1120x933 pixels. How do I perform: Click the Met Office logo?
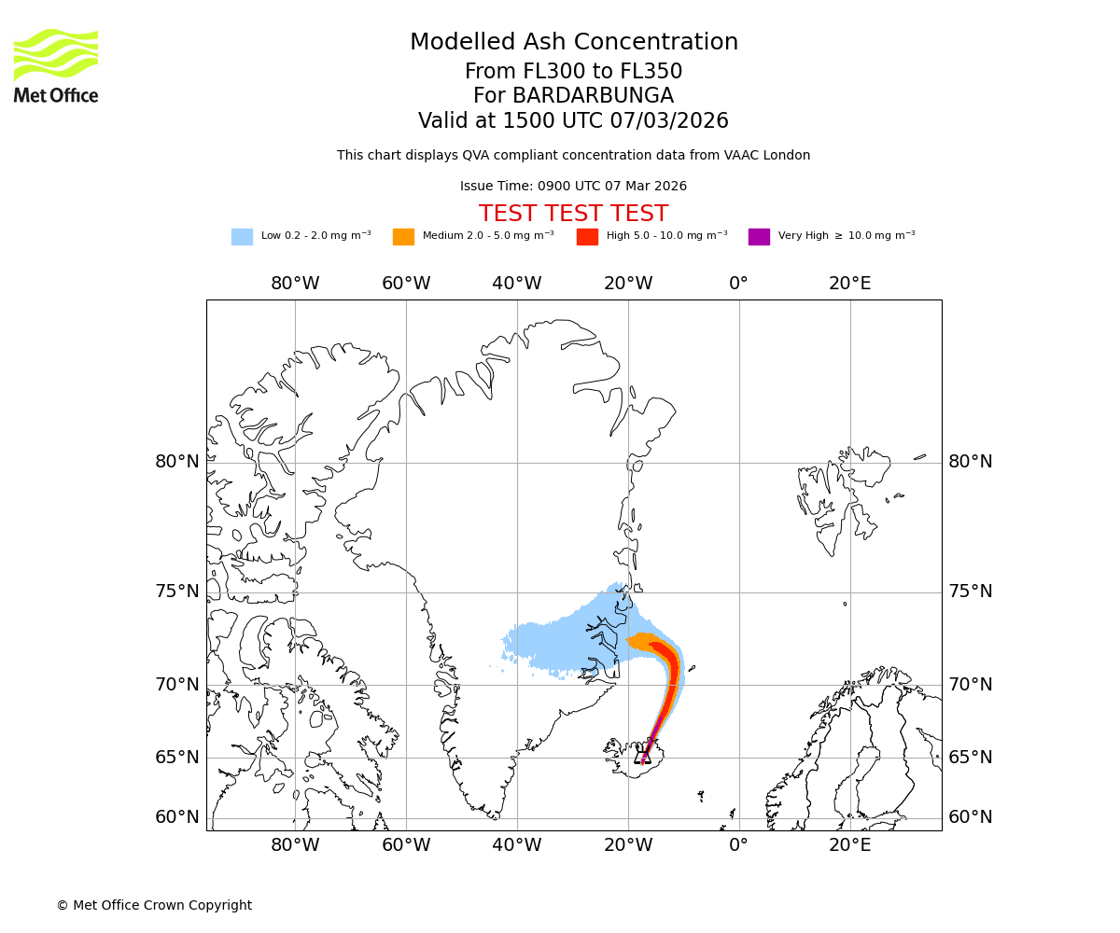point(56,65)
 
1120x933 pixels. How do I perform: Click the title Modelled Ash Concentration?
point(574,43)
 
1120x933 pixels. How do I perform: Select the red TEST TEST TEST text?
point(573,215)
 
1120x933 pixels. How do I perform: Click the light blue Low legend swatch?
point(242,237)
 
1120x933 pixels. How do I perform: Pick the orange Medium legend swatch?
point(403,237)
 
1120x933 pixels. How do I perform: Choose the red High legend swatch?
point(587,237)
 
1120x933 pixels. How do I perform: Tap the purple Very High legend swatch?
point(759,237)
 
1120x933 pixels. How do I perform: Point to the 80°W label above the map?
point(295,284)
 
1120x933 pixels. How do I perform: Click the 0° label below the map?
point(738,845)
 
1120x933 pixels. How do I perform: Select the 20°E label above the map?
point(849,284)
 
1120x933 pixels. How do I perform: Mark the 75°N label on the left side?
point(177,592)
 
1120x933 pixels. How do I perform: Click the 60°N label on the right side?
point(971,817)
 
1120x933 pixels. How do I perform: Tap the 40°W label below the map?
point(516,845)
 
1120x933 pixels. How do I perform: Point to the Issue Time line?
point(573,187)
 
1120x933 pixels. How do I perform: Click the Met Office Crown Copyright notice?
point(154,906)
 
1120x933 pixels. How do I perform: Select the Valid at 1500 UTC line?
point(573,121)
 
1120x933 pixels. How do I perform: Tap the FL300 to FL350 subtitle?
point(573,72)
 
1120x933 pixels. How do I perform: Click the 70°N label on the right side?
point(971,685)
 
